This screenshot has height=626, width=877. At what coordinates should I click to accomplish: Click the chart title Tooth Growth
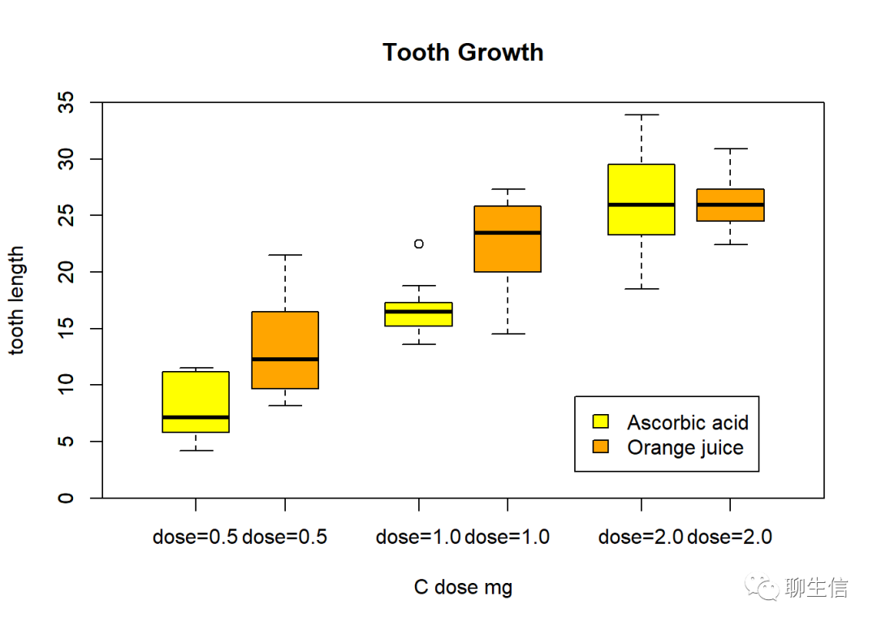coord(463,53)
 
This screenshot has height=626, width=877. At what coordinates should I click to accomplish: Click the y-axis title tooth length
coord(17,300)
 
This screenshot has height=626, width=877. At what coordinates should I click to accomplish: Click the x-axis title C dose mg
coord(463,587)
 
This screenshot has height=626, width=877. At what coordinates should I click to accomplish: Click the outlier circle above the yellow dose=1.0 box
coord(419,244)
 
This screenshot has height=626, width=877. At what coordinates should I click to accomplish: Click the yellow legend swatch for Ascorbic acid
coord(601,421)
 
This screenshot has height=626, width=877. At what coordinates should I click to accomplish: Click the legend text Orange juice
coord(685,447)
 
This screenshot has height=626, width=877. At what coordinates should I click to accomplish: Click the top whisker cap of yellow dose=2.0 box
coord(642,115)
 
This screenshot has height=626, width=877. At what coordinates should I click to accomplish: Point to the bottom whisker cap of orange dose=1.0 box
coord(508,334)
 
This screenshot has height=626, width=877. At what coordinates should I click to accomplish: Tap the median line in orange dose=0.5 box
coord(285,359)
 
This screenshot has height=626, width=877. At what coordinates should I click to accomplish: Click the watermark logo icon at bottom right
coord(763,587)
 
